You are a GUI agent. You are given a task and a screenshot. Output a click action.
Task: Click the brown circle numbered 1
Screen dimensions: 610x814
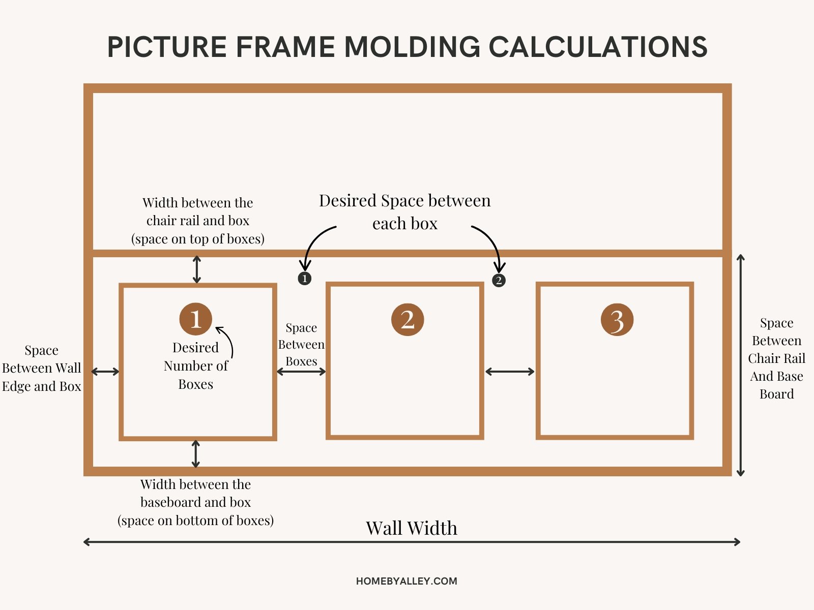[x=195, y=319]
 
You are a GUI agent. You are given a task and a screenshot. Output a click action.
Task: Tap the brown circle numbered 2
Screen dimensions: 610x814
[x=407, y=319]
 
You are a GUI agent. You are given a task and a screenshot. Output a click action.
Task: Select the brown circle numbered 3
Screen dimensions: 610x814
[x=617, y=320]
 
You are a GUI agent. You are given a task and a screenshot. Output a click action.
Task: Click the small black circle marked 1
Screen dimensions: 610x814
[x=304, y=279]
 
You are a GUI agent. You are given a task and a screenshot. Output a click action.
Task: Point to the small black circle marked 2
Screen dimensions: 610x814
[x=499, y=280]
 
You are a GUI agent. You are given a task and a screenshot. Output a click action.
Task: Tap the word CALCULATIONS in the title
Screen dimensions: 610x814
[x=598, y=47]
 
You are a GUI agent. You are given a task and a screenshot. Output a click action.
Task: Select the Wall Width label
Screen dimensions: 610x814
[x=411, y=528]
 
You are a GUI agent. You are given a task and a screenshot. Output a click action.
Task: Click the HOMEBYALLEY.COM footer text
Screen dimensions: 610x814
[x=406, y=581]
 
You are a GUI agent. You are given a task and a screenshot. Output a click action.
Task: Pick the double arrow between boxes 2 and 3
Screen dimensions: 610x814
[x=510, y=372]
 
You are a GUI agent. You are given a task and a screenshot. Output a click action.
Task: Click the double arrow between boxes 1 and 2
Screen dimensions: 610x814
[x=301, y=372]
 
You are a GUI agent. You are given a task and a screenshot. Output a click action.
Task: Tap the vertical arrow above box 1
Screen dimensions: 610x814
[x=197, y=269]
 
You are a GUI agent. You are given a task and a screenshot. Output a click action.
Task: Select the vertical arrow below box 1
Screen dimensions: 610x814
[x=196, y=454]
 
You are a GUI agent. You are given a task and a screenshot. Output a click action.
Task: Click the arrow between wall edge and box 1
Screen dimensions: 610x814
[x=105, y=372]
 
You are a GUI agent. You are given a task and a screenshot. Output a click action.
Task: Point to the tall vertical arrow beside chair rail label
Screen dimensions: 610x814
[x=741, y=365]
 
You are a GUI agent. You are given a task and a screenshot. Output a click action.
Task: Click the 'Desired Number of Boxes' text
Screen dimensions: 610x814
[x=195, y=366]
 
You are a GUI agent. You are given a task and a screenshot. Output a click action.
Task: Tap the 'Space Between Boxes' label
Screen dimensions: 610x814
[x=301, y=345]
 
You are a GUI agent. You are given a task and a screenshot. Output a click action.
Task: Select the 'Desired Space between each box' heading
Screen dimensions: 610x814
[x=405, y=211]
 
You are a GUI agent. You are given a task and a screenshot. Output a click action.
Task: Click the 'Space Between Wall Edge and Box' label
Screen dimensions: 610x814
[x=41, y=368]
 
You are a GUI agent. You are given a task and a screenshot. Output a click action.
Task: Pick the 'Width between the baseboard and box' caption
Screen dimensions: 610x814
[x=196, y=502]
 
